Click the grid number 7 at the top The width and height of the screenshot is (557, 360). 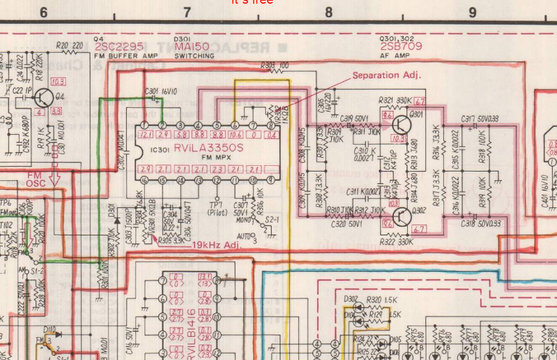187,12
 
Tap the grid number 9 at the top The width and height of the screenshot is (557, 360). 472,12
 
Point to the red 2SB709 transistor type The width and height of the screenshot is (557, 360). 397,46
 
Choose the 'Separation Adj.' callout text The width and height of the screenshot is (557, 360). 386,75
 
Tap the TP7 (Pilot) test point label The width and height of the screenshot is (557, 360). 215,209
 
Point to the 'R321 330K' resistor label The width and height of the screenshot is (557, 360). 394,101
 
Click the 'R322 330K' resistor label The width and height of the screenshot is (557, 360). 394,240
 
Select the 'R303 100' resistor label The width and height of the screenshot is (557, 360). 275,65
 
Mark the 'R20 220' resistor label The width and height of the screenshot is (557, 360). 69,46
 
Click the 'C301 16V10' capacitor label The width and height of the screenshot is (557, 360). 161,91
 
